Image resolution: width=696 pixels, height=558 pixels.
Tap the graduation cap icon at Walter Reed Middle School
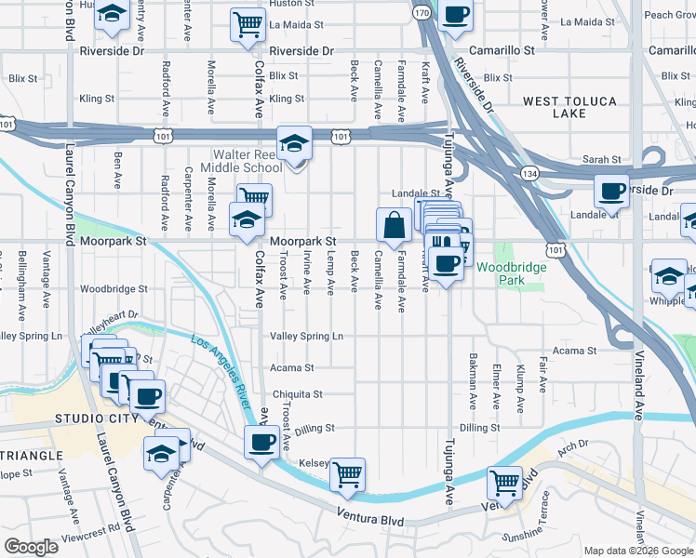[x=295, y=143]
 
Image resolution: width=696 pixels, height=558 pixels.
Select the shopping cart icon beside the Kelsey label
[x=347, y=474]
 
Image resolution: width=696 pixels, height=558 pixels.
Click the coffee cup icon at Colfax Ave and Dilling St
[x=261, y=441]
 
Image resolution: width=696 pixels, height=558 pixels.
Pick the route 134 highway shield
[x=529, y=173]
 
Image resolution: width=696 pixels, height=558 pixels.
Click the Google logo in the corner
[x=31, y=547]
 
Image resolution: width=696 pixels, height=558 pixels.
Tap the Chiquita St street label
[x=296, y=394]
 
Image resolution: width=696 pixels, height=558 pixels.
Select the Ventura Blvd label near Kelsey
[x=355, y=517]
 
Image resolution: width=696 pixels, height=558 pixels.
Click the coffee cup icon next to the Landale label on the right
[x=611, y=192]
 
